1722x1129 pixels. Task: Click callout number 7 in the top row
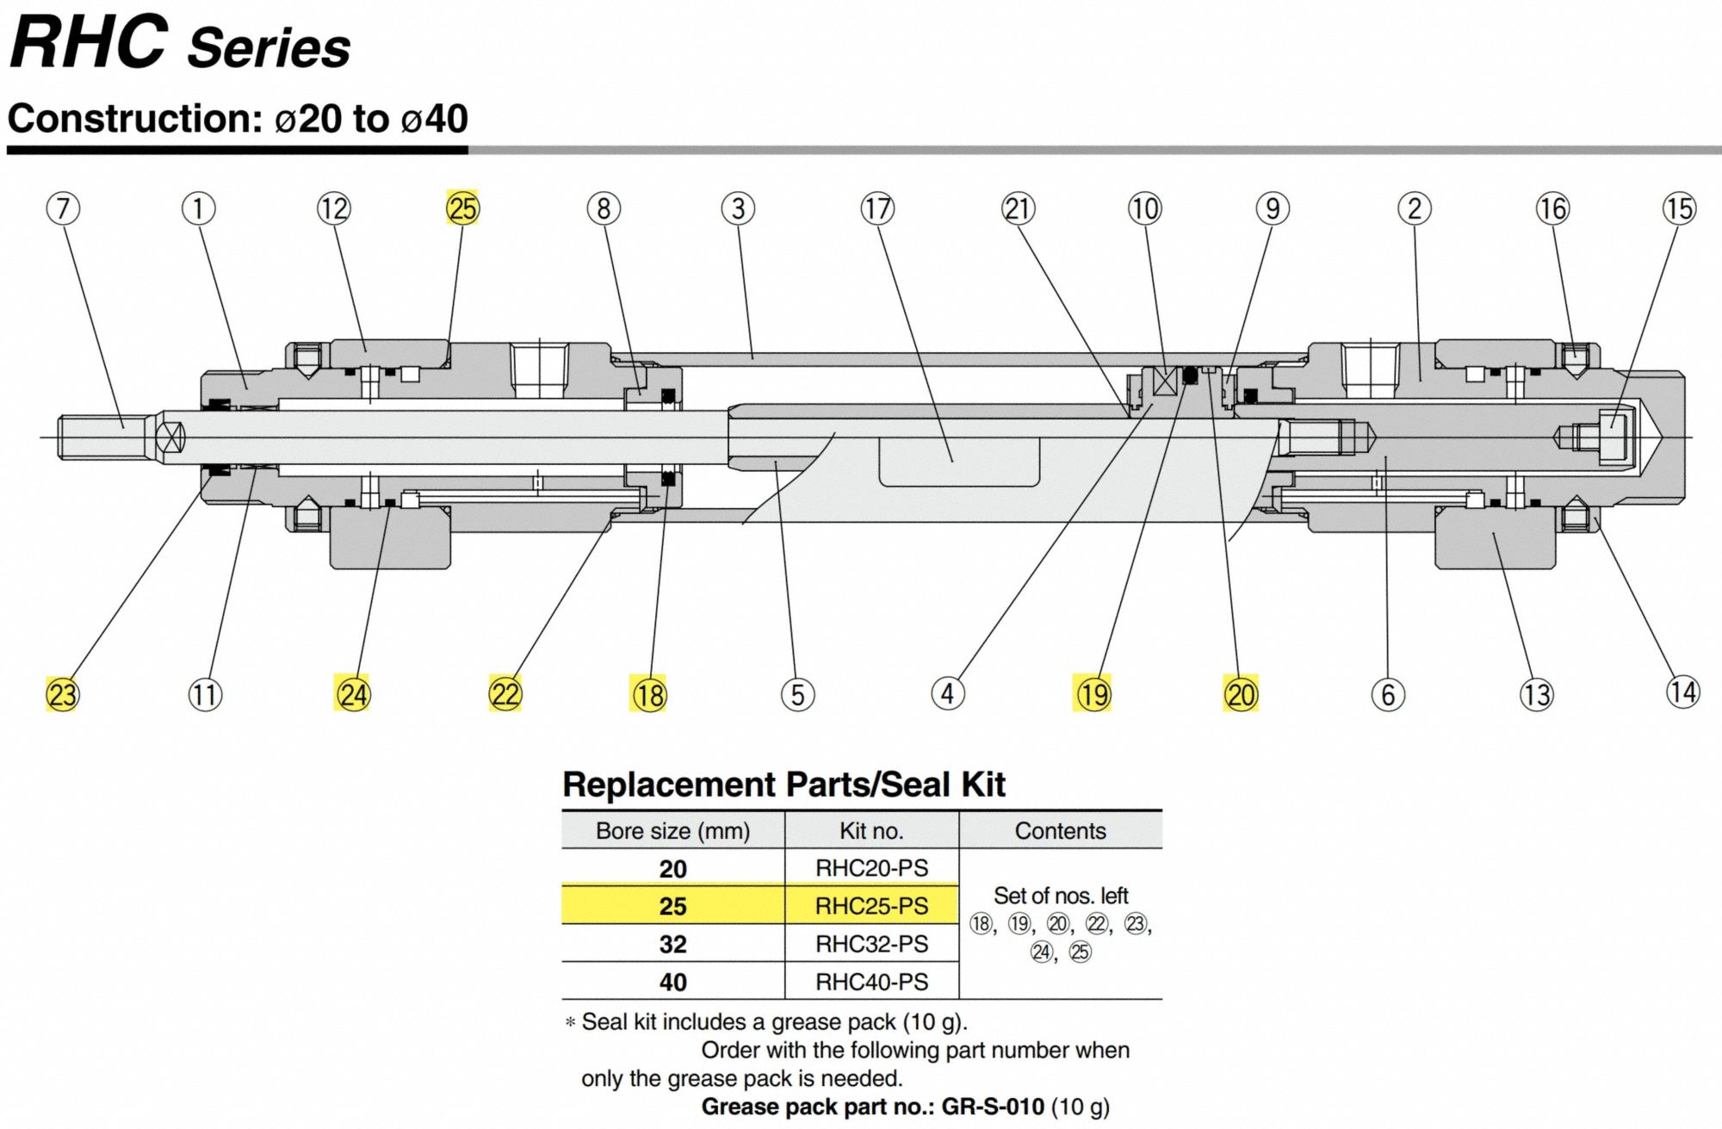pyautogui.click(x=63, y=208)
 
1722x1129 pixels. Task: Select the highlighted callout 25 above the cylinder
pyautogui.click(x=462, y=208)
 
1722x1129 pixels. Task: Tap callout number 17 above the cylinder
pyautogui.click(x=877, y=208)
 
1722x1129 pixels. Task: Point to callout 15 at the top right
pyautogui.click(x=1679, y=208)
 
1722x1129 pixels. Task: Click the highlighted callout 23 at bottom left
pyautogui.click(x=62, y=694)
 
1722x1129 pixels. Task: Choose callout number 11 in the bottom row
pyautogui.click(x=205, y=694)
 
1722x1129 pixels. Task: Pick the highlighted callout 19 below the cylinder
pyautogui.click(x=1093, y=693)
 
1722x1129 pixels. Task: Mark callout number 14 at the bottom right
pyautogui.click(x=1683, y=692)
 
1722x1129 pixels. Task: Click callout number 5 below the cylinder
pyautogui.click(x=797, y=694)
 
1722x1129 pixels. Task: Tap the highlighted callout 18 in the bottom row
pyautogui.click(x=649, y=694)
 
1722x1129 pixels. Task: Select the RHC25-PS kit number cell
pyautogui.click(x=871, y=906)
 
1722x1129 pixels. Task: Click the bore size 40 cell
pyautogui.click(x=672, y=982)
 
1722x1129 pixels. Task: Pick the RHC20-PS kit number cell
pyautogui.click(x=871, y=868)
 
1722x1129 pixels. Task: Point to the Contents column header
pyautogui.click(x=1060, y=830)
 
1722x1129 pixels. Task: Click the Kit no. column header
pyautogui.click(x=871, y=830)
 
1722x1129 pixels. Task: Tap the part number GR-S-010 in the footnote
pyautogui.click(x=992, y=1107)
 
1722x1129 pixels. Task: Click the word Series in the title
pyautogui.click(x=269, y=48)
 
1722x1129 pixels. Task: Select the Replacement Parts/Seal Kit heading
pyautogui.click(x=784, y=785)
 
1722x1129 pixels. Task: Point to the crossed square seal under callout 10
pyautogui.click(x=1165, y=381)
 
